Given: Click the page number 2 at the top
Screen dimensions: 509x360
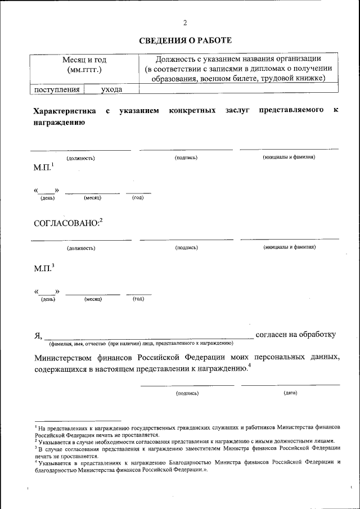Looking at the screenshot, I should [x=184, y=23].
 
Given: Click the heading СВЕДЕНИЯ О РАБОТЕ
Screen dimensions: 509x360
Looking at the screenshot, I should [x=185, y=40].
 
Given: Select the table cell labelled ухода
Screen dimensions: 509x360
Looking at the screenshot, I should [x=111, y=89].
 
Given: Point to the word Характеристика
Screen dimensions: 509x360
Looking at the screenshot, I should [x=65, y=111].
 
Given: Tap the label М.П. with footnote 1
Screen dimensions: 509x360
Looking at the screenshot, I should [x=43, y=168].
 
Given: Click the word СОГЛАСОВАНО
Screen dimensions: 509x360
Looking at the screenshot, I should [x=66, y=223].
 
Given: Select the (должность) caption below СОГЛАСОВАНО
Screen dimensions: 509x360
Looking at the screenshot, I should [x=81, y=248].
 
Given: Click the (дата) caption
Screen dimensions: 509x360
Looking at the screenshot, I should [x=291, y=393].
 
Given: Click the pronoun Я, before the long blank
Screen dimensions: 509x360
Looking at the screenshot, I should [x=38, y=336].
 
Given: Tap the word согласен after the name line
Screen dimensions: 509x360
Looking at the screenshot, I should [x=273, y=335].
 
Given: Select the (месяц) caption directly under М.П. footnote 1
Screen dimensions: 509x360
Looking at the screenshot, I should [x=92, y=198].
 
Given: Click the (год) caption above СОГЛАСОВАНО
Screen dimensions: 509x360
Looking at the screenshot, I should [x=138, y=198].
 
